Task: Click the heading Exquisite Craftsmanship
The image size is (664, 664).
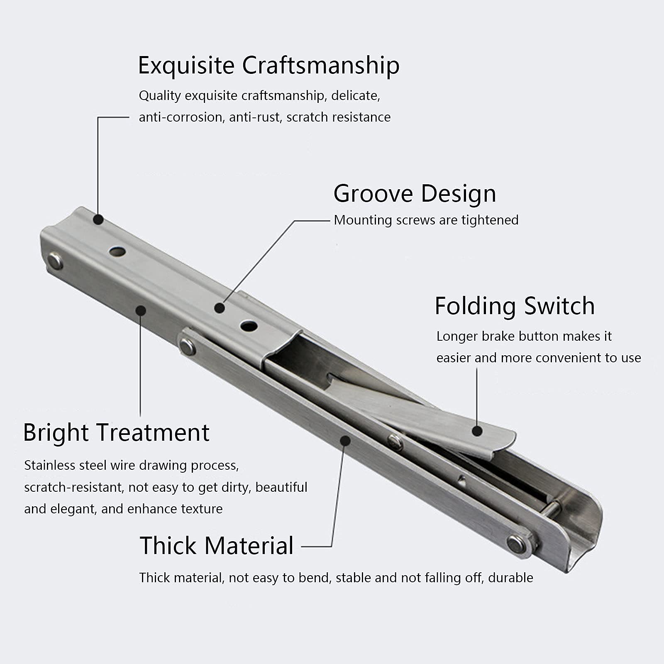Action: click(x=269, y=66)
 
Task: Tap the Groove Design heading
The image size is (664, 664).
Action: click(x=415, y=194)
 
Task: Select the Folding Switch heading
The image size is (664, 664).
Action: click(x=515, y=306)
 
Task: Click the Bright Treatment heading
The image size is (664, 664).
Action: click(x=116, y=432)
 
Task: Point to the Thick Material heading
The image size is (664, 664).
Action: click(x=217, y=545)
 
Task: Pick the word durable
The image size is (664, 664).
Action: click(x=510, y=578)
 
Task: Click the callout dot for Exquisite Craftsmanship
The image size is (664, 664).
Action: click(x=98, y=219)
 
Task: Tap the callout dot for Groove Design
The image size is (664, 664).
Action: click(x=220, y=308)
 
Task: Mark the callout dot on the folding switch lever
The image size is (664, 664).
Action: click(x=477, y=431)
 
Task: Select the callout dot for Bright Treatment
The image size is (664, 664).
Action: click(x=141, y=310)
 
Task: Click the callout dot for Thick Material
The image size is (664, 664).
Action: click(x=344, y=440)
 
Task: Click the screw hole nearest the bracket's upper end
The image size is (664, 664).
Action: click(x=117, y=251)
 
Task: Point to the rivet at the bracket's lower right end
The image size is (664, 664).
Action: click(x=516, y=544)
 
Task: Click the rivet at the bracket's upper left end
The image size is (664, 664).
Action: click(x=55, y=261)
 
